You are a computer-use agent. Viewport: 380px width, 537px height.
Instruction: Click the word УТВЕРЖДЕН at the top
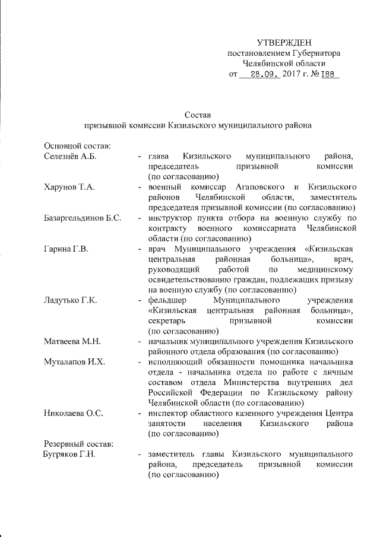point(283,42)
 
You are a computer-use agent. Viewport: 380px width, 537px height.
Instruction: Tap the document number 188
point(328,75)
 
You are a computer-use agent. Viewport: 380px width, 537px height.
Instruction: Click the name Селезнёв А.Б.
point(70,156)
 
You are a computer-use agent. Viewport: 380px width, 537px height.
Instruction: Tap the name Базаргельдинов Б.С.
point(83,218)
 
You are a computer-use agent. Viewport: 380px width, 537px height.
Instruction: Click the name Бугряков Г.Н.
point(71,455)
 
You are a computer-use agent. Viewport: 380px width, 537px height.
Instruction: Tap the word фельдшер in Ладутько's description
point(167,301)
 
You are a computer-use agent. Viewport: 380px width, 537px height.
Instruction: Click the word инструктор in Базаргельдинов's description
point(170,218)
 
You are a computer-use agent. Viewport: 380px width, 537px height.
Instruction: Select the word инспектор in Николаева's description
point(169,414)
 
